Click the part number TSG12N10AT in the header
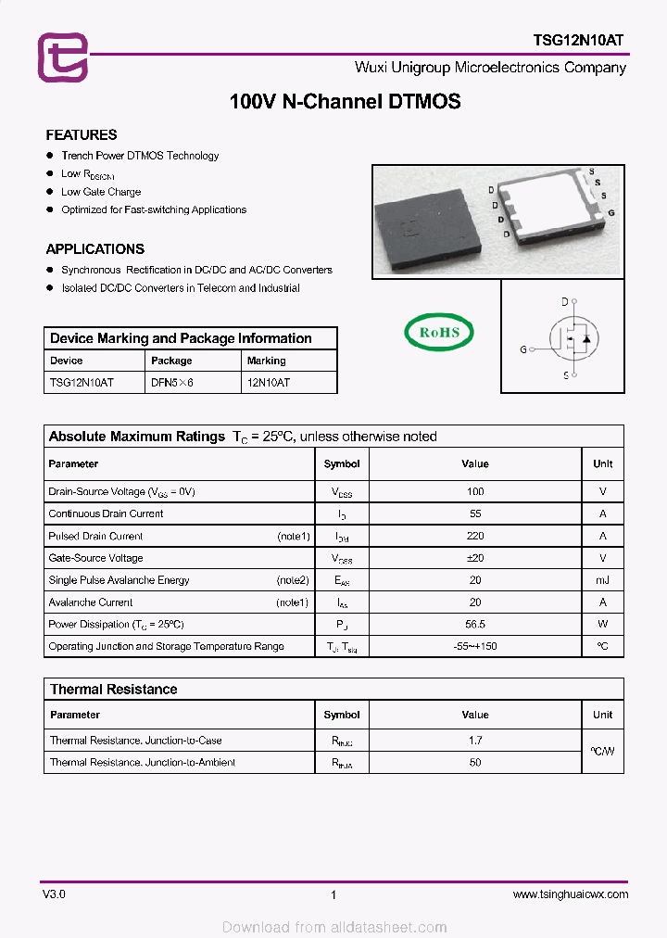click(x=578, y=40)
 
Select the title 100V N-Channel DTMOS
click(x=345, y=102)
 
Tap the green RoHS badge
click(x=438, y=332)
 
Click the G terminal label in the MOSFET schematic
click(x=523, y=349)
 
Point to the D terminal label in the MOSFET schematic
click(x=564, y=302)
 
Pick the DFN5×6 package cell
click(x=172, y=382)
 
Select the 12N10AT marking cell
click(x=268, y=382)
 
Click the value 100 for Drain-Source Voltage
click(x=475, y=491)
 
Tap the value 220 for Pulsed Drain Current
click(x=475, y=536)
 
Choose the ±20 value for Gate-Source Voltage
click(x=475, y=558)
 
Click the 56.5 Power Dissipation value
click(x=475, y=625)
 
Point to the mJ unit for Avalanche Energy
click(x=602, y=580)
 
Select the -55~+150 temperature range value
click(x=475, y=646)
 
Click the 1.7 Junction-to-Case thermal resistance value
click(x=475, y=741)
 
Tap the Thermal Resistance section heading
click(x=113, y=690)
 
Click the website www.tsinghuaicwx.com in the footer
click(x=570, y=894)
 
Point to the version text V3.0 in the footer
click(x=54, y=894)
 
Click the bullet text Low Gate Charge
click(x=101, y=192)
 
